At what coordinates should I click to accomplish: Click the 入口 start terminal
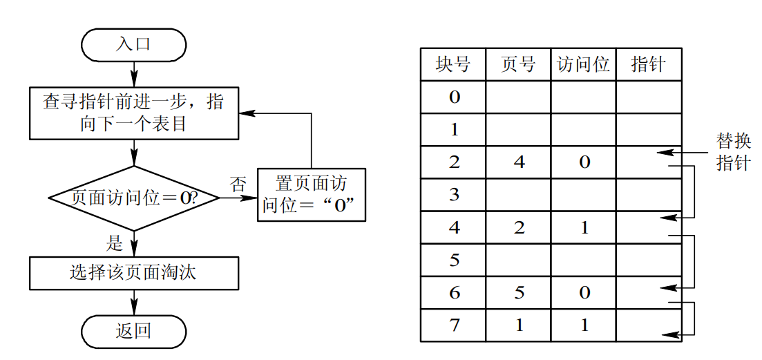pyautogui.click(x=133, y=45)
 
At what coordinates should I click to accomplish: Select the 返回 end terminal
pyautogui.click(x=133, y=331)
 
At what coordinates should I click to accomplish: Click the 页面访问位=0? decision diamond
pyautogui.click(x=134, y=198)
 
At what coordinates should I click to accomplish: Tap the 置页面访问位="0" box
pyautogui.click(x=311, y=195)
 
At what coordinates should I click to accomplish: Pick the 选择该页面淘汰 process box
pyautogui.click(x=133, y=273)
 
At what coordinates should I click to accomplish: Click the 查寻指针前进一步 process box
pyautogui.click(x=133, y=113)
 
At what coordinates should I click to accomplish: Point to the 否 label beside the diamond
pyautogui.click(x=238, y=184)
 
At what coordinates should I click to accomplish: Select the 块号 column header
pyautogui.click(x=453, y=65)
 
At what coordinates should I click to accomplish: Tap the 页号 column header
pyautogui.click(x=518, y=65)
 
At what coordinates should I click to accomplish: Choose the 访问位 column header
pyautogui.click(x=583, y=65)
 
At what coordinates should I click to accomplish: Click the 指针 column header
pyautogui.click(x=648, y=65)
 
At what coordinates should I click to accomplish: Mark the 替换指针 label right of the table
pyautogui.click(x=733, y=152)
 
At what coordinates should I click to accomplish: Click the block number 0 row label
pyautogui.click(x=453, y=97)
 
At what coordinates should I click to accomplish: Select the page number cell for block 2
pyautogui.click(x=518, y=162)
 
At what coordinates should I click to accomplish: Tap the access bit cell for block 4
pyautogui.click(x=583, y=227)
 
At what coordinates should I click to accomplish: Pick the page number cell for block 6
pyautogui.click(x=518, y=292)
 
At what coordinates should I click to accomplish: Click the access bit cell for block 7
pyautogui.click(x=583, y=325)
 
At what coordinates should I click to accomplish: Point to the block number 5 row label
pyautogui.click(x=453, y=260)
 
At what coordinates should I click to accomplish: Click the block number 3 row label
pyautogui.click(x=453, y=195)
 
